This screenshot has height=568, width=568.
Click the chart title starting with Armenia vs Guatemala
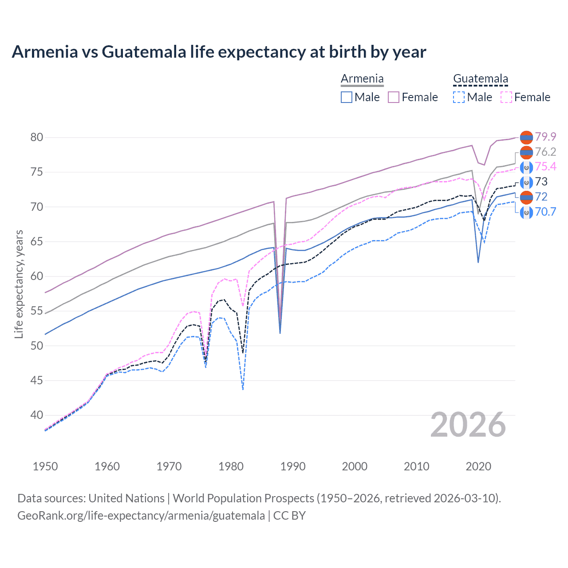tap(219, 52)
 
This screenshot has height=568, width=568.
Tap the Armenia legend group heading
tap(362, 79)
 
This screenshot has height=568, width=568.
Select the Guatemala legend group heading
tap(480, 79)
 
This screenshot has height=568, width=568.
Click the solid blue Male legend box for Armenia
tap(347, 97)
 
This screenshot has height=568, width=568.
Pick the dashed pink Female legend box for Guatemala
tap(506, 97)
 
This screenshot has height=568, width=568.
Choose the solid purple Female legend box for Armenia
tap(394, 97)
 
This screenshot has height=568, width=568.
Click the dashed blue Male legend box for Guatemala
tap(459, 97)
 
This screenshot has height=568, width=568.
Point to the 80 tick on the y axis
tap(37, 137)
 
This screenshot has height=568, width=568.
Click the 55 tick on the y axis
tap(37, 311)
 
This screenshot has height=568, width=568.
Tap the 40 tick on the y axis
tap(37, 415)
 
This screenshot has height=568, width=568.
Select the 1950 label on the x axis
tap(45, 466)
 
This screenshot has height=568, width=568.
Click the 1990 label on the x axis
tap(293, 466)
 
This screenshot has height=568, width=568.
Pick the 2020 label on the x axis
tap(478, 466)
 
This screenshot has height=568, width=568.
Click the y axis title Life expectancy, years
tap(19, 284)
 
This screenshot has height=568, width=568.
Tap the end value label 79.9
tap(545, 137)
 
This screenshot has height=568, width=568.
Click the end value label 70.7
tap(545, 212)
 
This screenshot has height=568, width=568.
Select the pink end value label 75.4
tap(545, 166)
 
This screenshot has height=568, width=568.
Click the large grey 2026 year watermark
tap(468, 425)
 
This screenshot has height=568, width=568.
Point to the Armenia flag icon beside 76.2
tap(526, 152)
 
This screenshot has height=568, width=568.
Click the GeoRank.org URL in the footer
tap(141, 516)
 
